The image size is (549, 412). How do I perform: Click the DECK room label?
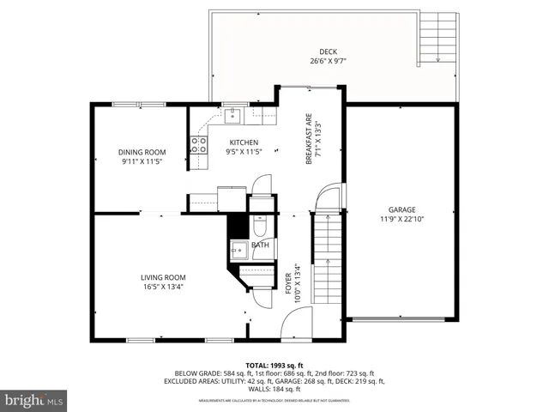click(x=329, y=51)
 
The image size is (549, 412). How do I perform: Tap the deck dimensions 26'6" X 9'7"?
click(x=329, y=61)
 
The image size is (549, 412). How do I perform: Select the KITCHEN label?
click(x=243, y=142)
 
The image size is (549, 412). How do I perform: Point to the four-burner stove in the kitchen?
click(x=198, y=145)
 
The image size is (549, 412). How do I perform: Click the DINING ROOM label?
click(x=142, y=153)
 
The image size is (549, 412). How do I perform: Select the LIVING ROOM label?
click(x=163, y=277)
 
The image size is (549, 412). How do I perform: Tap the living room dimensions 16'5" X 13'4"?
click(x=163, y=287)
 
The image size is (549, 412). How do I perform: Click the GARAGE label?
click(x=401, y=209)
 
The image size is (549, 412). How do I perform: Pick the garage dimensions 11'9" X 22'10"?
click(x=401, y=219)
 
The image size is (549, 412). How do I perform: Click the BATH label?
click(x=260, y=245)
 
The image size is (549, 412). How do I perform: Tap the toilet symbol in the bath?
click(x=260, y=225)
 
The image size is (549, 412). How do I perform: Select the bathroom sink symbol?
click(x=238, y=250)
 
